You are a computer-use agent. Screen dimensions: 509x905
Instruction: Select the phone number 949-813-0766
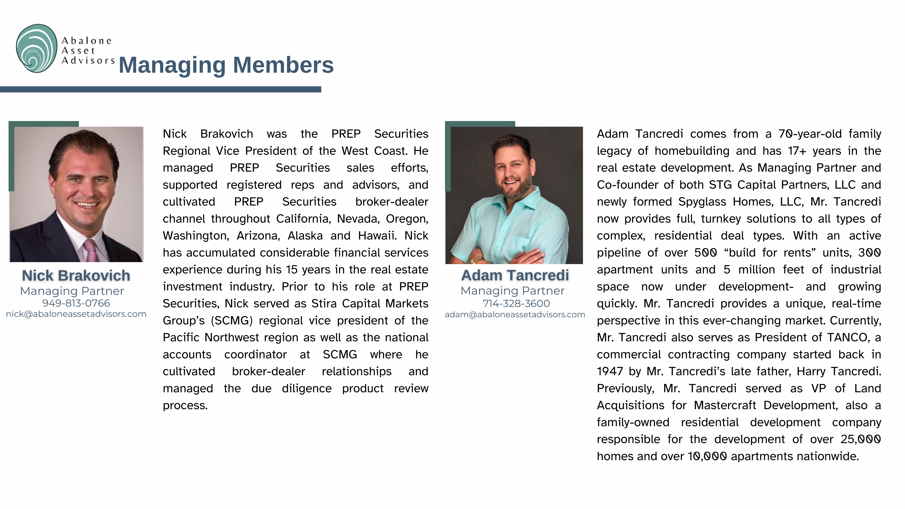(x=76, y=303)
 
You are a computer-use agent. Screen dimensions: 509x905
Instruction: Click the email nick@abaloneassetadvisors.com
(x=76, y=314)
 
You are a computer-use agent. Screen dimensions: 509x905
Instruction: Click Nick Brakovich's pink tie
(x=91, y=250)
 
